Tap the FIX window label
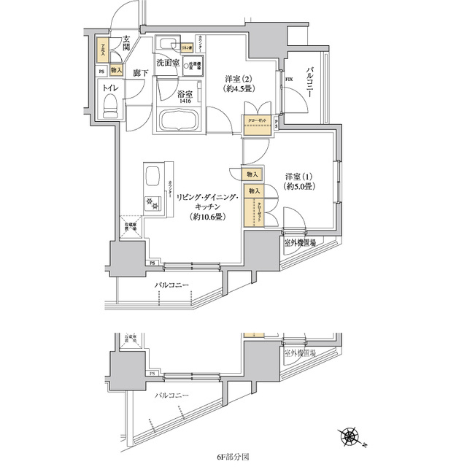pyautogui.click(x=289, y=78)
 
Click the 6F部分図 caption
pyautogui.click(x=233, y=457)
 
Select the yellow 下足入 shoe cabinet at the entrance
pyautogui.click(x=103, y=50)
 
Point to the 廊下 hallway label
pyautogui.click(x=141, y=74)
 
